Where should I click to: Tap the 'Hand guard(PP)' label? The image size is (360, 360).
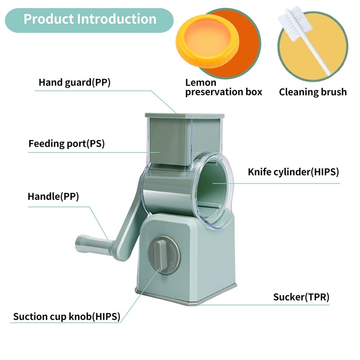(x=74, y=83)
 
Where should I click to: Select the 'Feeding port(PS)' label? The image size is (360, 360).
(x=69, y=144)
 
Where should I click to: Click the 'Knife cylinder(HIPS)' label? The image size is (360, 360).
(x=293, y=172)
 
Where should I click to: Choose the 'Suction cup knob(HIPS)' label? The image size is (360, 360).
(x=67, y=316)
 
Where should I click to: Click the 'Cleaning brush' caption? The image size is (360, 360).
(x=313, y=92)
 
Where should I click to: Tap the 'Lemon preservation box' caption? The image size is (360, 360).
(x=223, y=87)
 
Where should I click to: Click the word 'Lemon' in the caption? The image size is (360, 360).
(x=201, y=82)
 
